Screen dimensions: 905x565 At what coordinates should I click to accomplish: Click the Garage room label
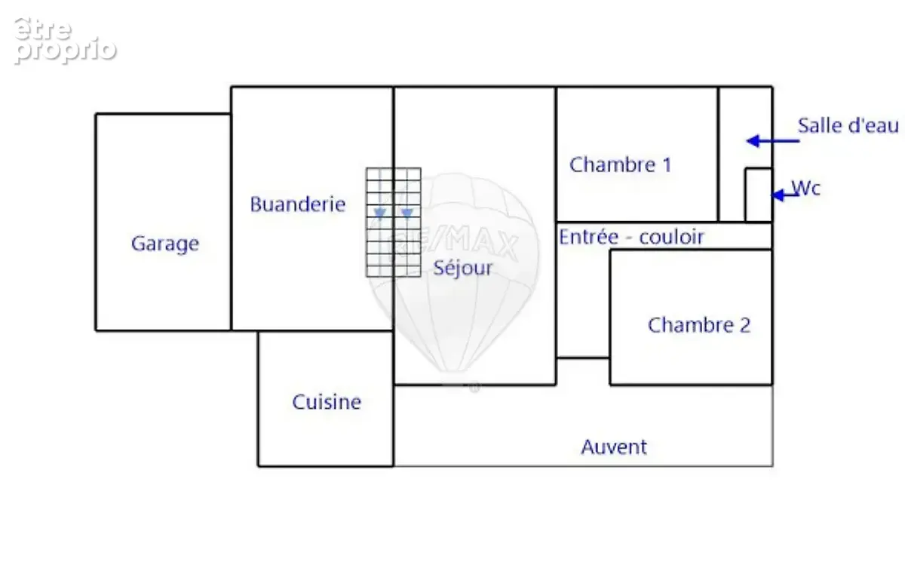(165, 244)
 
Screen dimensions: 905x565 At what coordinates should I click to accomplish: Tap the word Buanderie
(298, 204)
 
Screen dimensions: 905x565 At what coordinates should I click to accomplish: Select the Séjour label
(463, 268)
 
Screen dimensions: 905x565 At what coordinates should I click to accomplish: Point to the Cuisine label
(327, 402)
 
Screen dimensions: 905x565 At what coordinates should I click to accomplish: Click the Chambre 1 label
(621, 165)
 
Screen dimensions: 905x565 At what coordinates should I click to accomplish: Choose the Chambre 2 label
(699, 325)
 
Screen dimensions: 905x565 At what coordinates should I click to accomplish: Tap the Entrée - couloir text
(631, 237)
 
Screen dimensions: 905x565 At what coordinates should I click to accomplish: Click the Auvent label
(614, 447)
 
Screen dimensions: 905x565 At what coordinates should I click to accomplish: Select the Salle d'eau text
(848, 125)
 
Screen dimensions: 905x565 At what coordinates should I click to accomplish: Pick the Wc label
(806, 188)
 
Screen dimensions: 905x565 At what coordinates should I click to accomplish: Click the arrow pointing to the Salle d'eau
(773, 141)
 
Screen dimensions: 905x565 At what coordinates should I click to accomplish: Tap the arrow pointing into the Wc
(785, 195)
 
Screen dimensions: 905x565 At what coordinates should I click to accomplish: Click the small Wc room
(759, 195)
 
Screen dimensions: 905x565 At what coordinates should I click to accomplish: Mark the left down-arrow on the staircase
(380, 213)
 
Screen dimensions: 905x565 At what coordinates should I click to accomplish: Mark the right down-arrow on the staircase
(407, 213)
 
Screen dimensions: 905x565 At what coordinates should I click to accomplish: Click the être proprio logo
(66, 41)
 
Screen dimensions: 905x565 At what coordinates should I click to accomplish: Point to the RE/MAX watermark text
(455, 242)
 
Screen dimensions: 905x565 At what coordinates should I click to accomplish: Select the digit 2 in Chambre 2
(745, 325)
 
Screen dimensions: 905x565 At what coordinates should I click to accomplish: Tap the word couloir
(671, 237)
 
